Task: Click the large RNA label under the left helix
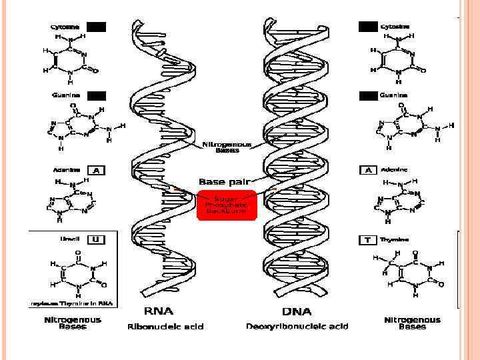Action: tap(158, 311)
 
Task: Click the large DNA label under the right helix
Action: tap(297, 311)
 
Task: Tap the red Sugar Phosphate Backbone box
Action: tap(227, 205)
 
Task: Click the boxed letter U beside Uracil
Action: tap(95, 239)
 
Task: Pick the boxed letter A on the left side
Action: tap(97, 170)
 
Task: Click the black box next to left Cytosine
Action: tap(97, 27)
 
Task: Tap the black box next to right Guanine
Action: tap(368, 96)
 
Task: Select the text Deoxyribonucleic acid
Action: tap(297, 326)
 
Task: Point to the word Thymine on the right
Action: tap(395, 239)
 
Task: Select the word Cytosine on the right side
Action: tap(395, 27)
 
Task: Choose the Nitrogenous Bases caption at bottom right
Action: tap(412, 323)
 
